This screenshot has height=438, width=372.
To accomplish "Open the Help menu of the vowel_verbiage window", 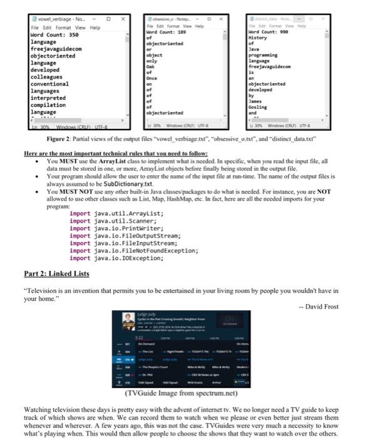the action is [x=95, y=28].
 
